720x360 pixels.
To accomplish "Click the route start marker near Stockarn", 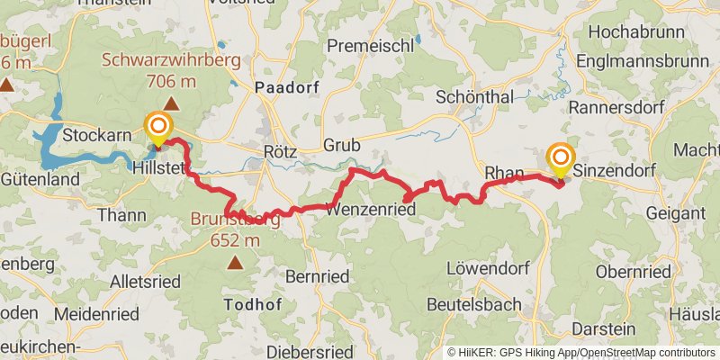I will click(158, 129).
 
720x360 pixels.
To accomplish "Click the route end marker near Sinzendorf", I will click(560, 158).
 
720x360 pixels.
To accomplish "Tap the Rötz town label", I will click(279, 151).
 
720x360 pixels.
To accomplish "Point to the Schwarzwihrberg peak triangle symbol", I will click(170, 104).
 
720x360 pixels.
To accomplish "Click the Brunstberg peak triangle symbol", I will click(235, 263).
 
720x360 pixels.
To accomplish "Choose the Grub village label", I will click(341, 144).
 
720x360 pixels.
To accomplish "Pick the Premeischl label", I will click(370, 45).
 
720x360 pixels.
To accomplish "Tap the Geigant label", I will click(675, 213).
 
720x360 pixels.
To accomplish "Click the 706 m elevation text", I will click(171, 81).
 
